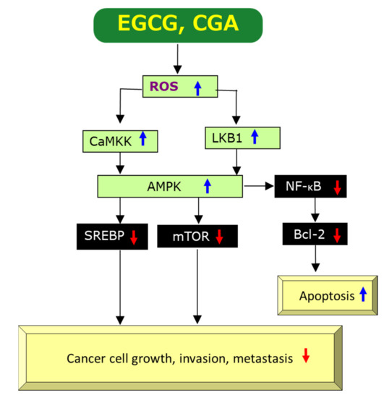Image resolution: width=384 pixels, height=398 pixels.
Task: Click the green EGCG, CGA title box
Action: (176, 26)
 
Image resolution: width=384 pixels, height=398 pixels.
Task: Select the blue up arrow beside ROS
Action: (197, 88)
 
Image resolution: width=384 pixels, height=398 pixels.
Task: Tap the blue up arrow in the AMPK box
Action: (208, 186)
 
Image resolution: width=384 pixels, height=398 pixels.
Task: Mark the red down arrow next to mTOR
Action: (220, 235)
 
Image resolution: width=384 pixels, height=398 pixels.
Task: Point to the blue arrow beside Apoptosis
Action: (363, 295)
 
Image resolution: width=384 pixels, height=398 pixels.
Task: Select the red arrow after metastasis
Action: (306, 356)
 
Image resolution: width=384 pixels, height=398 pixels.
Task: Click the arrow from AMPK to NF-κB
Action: (258, 186)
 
